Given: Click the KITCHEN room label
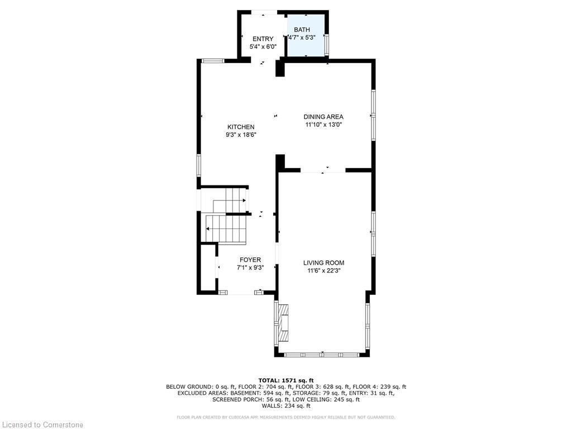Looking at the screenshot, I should pos(240,127).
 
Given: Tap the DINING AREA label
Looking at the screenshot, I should pos(323,117).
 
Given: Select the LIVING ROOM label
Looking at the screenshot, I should pos(323,263).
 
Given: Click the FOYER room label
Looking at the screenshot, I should pos(250,260).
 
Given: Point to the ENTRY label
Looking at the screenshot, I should pos(263,39).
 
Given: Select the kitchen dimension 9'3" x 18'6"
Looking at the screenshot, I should pos(240,135).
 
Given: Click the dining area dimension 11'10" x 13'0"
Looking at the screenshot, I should pos(323,125).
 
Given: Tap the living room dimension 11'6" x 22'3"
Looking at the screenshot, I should pos(323,271).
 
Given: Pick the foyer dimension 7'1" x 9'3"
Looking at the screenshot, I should pos(250,268).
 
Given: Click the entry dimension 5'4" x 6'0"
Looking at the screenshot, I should pos(263,47).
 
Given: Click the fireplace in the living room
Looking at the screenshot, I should pos(283,323).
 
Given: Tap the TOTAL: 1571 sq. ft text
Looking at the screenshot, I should pos(285,379).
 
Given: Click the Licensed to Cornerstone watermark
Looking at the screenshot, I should pos(42,425).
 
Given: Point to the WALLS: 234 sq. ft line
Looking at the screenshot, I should pos(285,406).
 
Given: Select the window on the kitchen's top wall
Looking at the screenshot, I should pos(213,60).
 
